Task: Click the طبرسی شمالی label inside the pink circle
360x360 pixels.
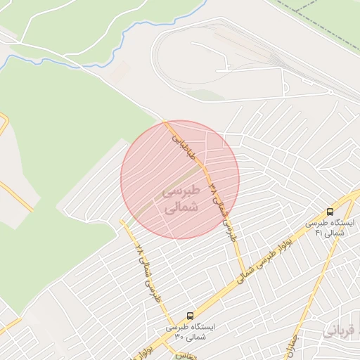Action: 180,200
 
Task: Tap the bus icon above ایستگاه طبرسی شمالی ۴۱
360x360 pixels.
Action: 330,212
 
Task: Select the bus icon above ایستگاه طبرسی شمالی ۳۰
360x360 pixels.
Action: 190,316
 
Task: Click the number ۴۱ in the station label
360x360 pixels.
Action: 319,233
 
